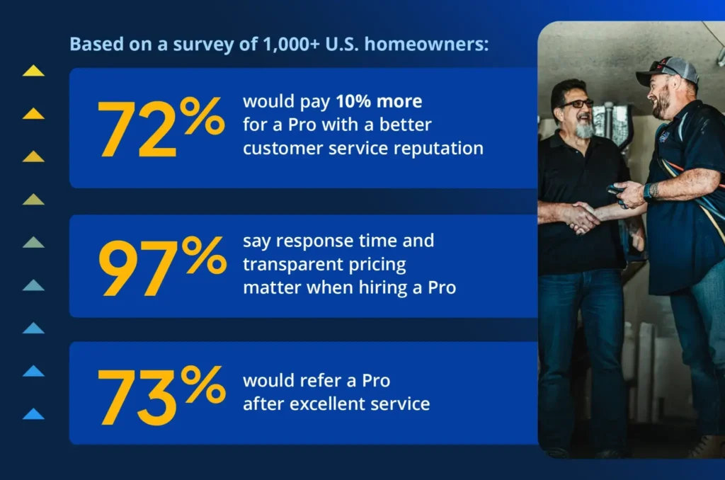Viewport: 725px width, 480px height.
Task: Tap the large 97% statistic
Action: pyautogui.click(x=161, y=266)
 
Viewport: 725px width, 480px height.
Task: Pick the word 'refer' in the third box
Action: pyautogui.click(x=321, y=381)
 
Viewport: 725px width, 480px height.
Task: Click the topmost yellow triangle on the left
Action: pyautogui.click(x=33, y=71)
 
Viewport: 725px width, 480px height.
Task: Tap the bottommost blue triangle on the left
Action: pyautogui.click(x=33, y=414)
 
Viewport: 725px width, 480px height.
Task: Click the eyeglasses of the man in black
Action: pyautogui.click(x=577, y=104)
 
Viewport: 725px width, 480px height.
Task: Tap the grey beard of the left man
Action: pyautogui.click(x=584, y=129)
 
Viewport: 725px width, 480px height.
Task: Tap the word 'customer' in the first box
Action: pyautogui.click(x=279, y=149)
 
